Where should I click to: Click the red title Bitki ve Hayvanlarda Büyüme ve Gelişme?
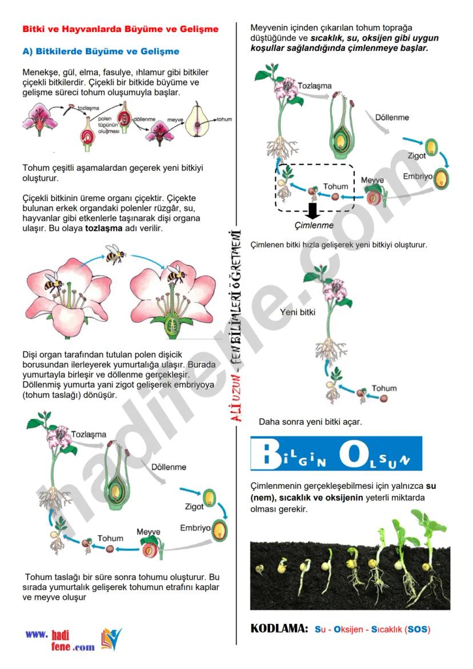(x=120, y=29)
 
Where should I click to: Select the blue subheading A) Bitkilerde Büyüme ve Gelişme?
(x=101, y=51)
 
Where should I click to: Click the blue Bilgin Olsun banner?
(x=336, y=454)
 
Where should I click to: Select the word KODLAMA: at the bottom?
(x=279, y=629)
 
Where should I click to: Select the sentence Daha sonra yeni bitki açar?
(x=310, y=422)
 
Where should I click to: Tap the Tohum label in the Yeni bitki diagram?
(x=384, y=388)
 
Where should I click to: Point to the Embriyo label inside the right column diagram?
(x=418, y=177)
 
